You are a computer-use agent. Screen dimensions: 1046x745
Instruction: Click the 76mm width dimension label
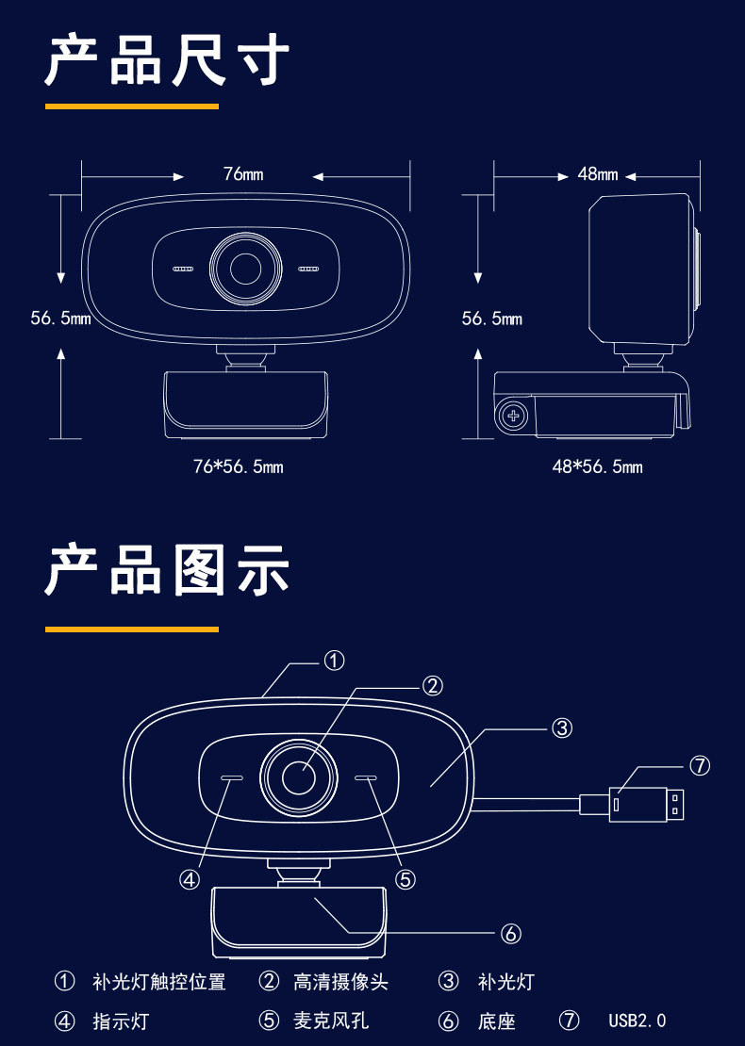click(x=243, y=174)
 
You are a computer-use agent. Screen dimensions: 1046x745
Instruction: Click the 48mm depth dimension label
click(x=598, y=174)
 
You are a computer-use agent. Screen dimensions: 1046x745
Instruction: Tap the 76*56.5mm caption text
click(x=238, y=466)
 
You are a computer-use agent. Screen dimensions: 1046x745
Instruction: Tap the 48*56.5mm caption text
click(x=597, y=466)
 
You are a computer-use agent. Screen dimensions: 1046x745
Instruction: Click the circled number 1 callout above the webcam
click(x=334, y=661)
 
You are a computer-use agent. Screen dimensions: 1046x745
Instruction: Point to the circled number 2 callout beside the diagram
click(x=432, y=686)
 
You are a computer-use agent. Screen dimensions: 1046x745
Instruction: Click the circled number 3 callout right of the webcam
click(x=562, y=727)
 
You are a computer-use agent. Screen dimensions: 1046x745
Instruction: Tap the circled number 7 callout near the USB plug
click(x=699, y=766)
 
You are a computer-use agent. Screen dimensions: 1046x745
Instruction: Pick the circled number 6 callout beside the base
click(x=510, y=933)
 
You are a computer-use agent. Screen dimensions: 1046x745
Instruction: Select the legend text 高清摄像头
click(x=340, y=982)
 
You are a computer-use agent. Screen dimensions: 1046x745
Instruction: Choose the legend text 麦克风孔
click(x=330, y=1021)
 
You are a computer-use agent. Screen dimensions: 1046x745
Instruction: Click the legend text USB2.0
click(x=637, y=1021)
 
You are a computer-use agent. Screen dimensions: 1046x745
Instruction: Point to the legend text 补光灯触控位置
click(x=159, y=982)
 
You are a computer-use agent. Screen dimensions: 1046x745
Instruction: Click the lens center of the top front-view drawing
click(x=246, y=269)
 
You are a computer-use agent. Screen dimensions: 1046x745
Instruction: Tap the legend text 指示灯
click(x=121, y=1021)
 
